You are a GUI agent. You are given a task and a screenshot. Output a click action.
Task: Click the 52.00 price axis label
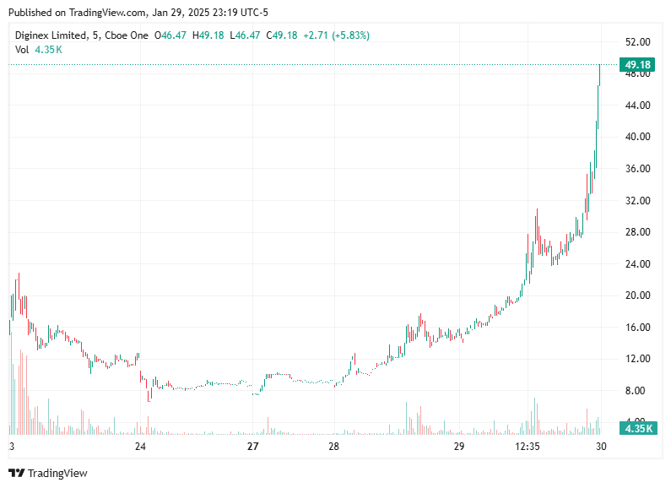point(637,42)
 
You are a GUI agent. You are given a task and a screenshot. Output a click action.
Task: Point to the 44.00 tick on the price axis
point(637,106)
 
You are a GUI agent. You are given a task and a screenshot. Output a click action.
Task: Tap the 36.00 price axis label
point(637,169)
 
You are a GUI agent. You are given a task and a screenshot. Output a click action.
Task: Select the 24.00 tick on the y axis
point(637,263)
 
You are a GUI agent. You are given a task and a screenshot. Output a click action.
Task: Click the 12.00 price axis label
point(637,359)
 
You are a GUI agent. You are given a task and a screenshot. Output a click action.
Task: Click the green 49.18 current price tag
point(637,64)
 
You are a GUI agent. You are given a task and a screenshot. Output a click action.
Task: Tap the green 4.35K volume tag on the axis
point(637,428)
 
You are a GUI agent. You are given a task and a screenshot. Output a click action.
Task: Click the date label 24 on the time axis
point(140,447)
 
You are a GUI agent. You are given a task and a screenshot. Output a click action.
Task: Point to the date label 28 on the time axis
point(333,447)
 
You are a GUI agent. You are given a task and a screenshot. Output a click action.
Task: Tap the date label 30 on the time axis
point(598,447)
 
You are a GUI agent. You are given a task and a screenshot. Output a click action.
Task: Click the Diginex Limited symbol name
point(51,35)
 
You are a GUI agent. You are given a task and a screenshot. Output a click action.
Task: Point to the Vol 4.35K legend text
point(39,50)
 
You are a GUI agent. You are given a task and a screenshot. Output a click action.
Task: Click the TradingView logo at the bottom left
point(48,473)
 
